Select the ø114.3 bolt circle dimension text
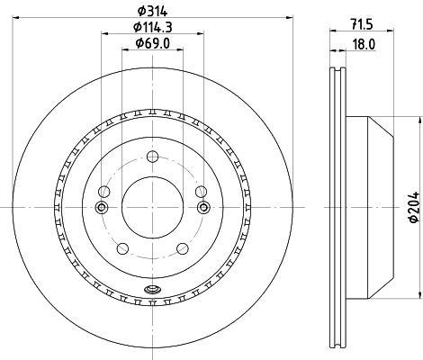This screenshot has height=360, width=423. click(151, 26)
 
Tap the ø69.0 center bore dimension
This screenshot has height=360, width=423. click(151, 42)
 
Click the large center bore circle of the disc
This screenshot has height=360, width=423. click(152, 208)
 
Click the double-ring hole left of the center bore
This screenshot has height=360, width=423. click(101, 208)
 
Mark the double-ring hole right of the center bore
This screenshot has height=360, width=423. click(203, 208)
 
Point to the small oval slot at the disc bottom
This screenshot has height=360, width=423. click(152, 290)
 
